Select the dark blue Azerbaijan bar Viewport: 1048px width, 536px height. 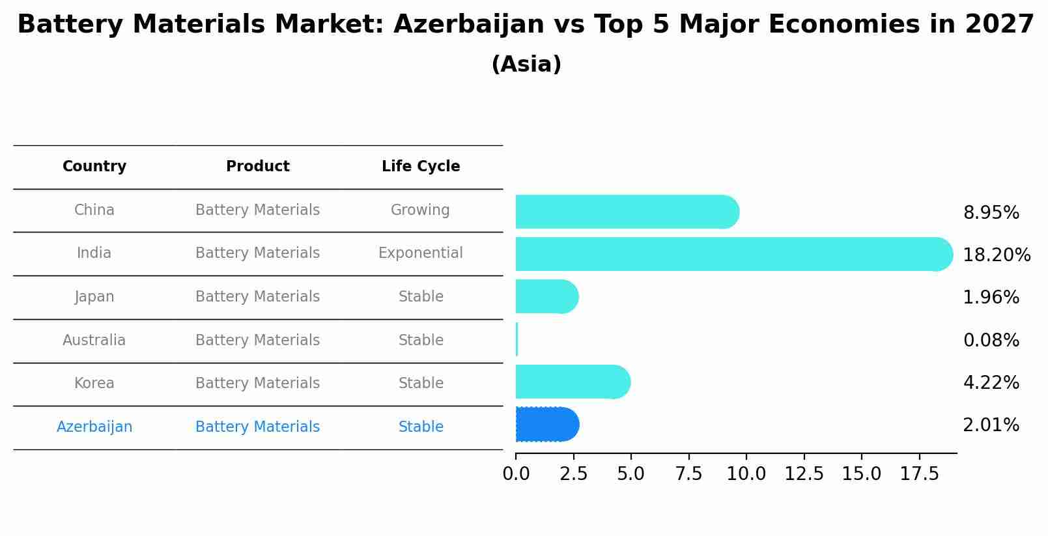coord(546,425)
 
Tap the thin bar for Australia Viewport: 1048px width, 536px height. coord(517,339)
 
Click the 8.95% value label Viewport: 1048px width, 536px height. coord(991,213)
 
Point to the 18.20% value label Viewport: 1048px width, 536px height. coord(996,255)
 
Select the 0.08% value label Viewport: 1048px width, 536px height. coord(991,341)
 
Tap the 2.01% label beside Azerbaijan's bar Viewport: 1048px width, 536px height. coord(991,425)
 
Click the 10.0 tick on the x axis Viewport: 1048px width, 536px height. coord(746,474)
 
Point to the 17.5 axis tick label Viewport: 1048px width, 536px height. coord(919,474)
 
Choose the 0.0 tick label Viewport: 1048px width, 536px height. coord(517,474)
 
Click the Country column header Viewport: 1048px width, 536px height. coord(94,167)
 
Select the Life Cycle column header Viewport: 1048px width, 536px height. coord(421,167)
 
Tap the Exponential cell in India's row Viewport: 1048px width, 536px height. coord(421,253)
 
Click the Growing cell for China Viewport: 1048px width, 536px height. coord(420,210)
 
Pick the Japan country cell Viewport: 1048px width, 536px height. coord(94,297)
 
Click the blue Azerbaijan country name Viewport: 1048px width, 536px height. coord(94,427)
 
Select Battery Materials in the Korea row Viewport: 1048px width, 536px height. coord(257,384)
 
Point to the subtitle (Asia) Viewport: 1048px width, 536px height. coord(526,64)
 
